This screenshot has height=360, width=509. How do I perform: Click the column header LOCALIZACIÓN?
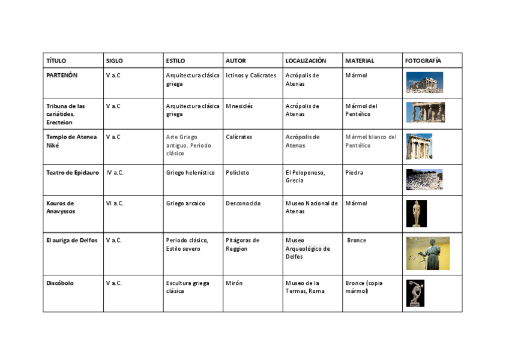click(x=306, y=61)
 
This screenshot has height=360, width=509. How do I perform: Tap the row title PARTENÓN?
click(x=62, y=76)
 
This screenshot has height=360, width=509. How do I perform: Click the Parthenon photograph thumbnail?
click(x=424, y=82)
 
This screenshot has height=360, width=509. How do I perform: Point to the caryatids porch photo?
click(x=425, y=112)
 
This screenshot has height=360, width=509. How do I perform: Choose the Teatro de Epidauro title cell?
click(x=73, y=173)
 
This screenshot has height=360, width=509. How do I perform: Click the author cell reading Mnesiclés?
click(x=239, y=106)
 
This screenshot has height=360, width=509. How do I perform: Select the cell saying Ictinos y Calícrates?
click(x=251, y=76)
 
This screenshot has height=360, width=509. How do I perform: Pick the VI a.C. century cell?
click(x=115, y=203)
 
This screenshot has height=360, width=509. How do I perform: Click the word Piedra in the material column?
click(x=354, y=173)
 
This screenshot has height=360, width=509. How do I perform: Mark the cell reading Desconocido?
click(x=243, y=203)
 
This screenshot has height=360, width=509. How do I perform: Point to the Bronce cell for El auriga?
click(x=357, y=241)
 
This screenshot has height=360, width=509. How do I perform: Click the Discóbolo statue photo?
click(x=415, y=293)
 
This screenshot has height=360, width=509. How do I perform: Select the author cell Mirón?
click(x=234, y=283)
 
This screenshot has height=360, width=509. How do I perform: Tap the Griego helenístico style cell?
click(x=190, y=173)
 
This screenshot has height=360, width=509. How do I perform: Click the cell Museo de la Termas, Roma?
click(x=306, y=287)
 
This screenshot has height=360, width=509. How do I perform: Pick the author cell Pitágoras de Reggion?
click(x=242, y=244)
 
